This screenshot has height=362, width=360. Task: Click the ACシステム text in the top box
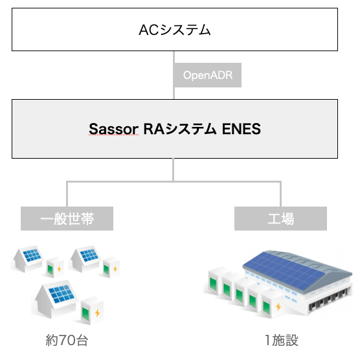click(x=175, y=30)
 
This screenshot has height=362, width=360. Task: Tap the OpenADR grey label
click(x=207, y=75)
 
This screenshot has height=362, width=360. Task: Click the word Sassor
click(x=113, y=129)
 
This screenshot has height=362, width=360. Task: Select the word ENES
click(x=241, y=129)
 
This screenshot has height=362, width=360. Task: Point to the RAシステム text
click(x=180, y=129)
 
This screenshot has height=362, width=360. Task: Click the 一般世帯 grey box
click(x=67, y=218)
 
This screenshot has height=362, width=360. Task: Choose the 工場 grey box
click(x=280, y=218)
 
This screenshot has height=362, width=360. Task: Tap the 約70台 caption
click(x=67, y=340)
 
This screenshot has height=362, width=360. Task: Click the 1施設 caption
click(x=281, y=340)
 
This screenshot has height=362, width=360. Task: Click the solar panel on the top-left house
click(x=32, y=255)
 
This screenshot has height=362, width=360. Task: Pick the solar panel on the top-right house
click(x=89, y=255)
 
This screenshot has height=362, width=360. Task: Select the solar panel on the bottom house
click(x=62, y=294)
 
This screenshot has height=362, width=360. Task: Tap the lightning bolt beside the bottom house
click(x=98, y=313)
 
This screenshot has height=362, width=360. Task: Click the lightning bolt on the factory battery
click(x=278, y=306)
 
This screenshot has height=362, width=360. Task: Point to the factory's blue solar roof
click(x=284, y=270)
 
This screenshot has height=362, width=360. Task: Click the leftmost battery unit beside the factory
click(x=215, y=280)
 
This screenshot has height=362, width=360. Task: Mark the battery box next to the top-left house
click(x=54, y=267)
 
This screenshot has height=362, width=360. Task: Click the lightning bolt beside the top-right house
click(x=115, y=269)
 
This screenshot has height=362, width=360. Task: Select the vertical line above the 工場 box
click(x=280, y=194)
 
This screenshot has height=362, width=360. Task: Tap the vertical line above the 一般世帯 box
click(x=67, y=194)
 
